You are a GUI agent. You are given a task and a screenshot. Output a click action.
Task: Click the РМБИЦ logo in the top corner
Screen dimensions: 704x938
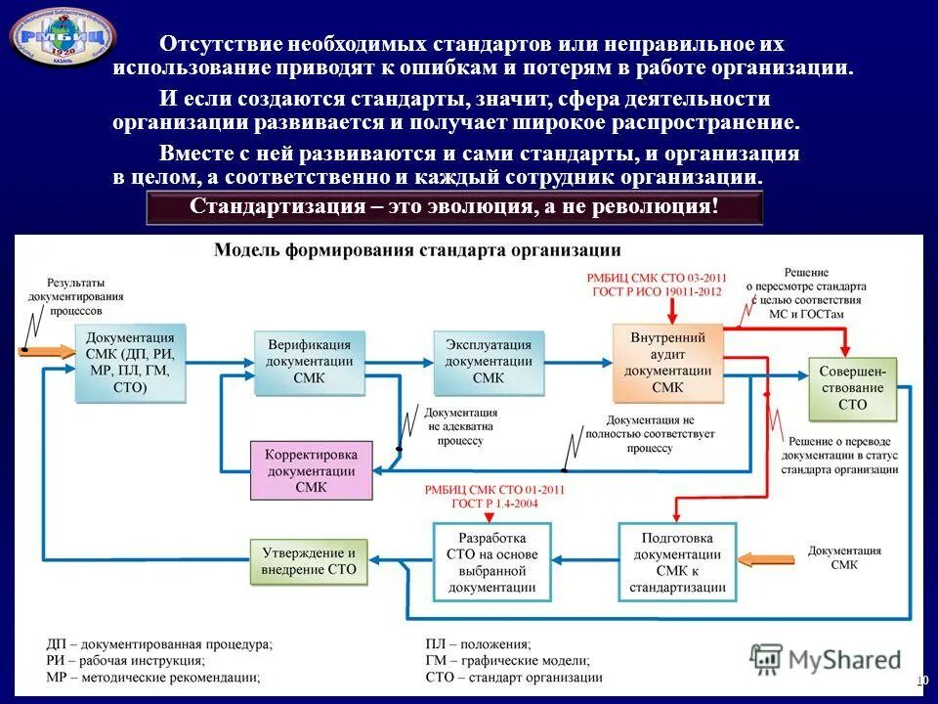62,36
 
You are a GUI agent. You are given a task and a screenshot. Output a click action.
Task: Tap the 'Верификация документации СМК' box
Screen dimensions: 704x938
309,362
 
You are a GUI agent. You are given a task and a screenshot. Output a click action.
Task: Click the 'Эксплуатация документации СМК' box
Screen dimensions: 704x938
489,362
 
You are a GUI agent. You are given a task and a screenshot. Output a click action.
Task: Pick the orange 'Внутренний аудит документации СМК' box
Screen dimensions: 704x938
668,363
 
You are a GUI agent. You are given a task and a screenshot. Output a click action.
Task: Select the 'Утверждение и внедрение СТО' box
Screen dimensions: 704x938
311,561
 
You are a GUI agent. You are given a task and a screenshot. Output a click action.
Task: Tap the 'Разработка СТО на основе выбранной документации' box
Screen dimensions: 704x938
491,562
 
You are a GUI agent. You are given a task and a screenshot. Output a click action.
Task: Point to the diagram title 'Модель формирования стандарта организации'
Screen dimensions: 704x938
417,249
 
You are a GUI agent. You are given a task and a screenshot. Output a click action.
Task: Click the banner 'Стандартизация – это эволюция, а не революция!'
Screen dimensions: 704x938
453,207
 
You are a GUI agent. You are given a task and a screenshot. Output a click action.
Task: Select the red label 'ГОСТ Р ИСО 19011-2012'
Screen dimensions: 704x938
655,290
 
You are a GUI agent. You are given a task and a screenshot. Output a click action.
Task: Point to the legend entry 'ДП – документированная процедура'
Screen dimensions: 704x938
159,644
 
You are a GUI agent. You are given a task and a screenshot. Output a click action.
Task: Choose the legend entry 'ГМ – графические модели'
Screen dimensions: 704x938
508,661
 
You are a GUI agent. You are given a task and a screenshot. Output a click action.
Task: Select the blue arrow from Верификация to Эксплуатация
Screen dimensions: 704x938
400,361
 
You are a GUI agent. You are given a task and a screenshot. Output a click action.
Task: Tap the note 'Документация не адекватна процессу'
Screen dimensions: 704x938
461,427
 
